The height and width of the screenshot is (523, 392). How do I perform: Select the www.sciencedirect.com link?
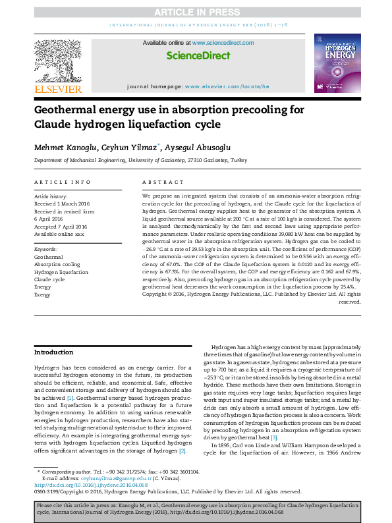click(222, 43)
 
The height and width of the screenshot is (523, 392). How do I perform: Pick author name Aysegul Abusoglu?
click(196, 147)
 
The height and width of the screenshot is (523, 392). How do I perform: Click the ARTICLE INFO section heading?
click(62, 181)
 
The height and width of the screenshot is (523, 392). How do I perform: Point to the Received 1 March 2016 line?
click(65, 204)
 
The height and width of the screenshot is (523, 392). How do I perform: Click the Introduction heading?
click(54, 352)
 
